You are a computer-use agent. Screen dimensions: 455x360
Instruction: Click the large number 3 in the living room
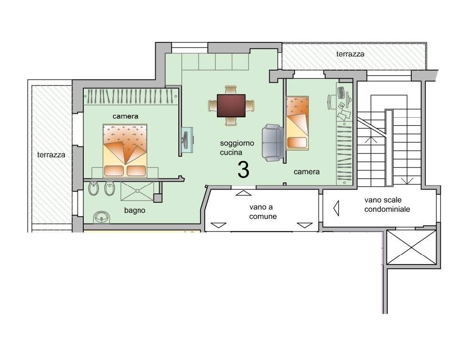tap(243, 170)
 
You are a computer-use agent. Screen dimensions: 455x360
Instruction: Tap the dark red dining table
tap(231, 105)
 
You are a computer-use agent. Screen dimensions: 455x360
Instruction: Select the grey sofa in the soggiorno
tap(272, 143)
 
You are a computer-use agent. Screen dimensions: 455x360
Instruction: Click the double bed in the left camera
tap(125, 151)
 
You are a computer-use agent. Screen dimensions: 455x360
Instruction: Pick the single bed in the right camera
tap(297, 123)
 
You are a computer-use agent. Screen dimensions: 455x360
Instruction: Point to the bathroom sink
tap(102, 217)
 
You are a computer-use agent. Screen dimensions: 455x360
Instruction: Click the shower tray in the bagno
tap(137, 191)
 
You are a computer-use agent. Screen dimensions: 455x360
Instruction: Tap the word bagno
tap(135, 210)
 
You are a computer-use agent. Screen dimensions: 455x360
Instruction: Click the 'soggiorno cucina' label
tap(237, 147)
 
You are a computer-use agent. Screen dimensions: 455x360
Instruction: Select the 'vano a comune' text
tap(263, 212)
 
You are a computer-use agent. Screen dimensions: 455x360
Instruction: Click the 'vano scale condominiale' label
tap(387, 204)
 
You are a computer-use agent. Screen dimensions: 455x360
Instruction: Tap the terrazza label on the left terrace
tap(51, 155)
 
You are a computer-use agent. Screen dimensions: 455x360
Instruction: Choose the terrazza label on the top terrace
tap(350, 54)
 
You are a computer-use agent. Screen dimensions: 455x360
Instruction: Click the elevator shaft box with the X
tap(411, 248)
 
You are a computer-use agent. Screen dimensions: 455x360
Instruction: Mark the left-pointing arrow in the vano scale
tap(336, 208)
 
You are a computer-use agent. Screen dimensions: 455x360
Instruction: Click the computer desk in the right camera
tap(344, 102)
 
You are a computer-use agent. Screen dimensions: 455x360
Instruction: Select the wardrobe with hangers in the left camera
tap(131, 96)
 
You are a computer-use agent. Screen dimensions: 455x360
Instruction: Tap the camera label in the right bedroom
tap(306, 172)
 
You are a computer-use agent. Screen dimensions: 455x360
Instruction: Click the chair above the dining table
tap(231, 90)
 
